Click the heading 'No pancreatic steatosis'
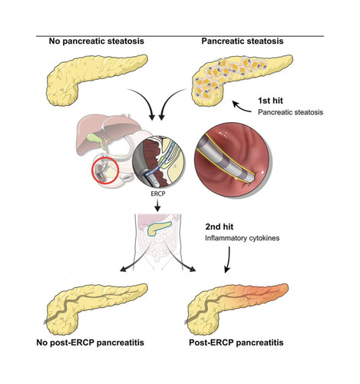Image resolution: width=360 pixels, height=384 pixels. click(97, 41)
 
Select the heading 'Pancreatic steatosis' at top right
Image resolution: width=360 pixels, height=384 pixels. click(243, 41)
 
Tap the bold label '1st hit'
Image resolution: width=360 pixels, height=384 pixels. click(270, 101)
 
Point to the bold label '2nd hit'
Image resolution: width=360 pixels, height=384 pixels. click(220, 227)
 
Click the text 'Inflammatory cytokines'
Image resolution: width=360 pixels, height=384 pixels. click(242, 238)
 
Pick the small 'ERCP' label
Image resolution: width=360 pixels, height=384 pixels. click(158, 194)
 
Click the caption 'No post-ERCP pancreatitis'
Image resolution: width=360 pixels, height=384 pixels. click(91, 343)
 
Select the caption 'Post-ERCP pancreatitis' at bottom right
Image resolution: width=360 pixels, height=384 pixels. click(236, 343)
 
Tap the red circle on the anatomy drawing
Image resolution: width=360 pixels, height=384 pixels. click(93, 171)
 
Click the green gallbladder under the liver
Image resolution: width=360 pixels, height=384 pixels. click(93, 137)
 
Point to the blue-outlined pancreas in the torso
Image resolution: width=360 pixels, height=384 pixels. click(159, 228)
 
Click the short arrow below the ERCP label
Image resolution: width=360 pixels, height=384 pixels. click(158, 205)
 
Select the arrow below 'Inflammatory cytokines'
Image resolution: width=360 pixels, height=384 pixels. click(228, 260)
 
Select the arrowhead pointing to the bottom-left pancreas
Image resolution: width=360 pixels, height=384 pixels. click(123, 268)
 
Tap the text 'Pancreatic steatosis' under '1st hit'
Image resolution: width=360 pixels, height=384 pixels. click(290, 112)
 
